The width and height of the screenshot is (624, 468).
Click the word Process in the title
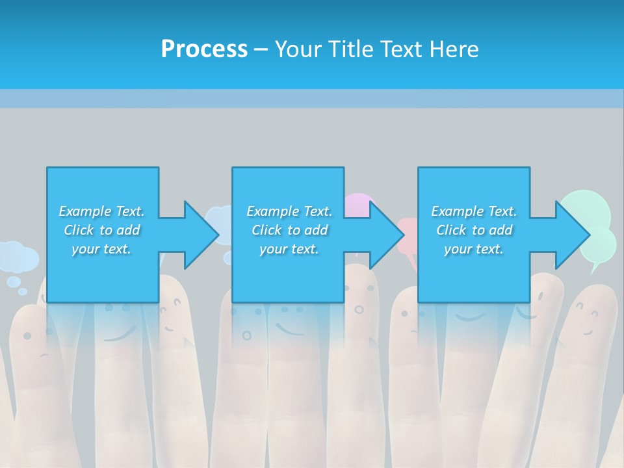click(x=204, y=49)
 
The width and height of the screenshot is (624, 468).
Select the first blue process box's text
click(x=101, y=230)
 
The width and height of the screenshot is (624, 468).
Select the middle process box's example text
click(x=289, y=230)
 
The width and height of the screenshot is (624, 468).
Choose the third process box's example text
click(x=474, y=230)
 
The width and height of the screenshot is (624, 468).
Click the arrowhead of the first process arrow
click(x=201, y=235)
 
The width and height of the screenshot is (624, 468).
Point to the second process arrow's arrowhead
click(x=387, y=235)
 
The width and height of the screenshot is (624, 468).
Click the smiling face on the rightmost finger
click(x=588, y=322)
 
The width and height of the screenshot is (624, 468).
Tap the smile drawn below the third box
click(x=469, y=317)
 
